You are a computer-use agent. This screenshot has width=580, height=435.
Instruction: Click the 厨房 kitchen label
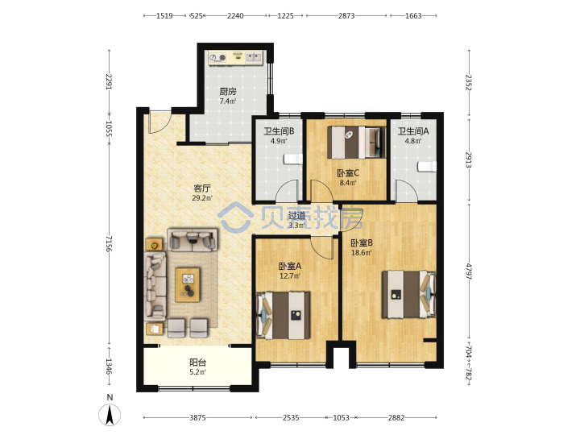[228, 91]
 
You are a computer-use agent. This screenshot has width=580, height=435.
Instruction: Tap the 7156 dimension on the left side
[109, 243]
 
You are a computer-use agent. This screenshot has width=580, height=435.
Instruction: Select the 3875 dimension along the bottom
[197, 417]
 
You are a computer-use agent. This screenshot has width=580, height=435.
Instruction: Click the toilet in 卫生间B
[292, 159]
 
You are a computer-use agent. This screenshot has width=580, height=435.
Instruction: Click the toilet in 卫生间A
[427, 167]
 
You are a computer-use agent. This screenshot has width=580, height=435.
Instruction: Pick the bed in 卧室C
[357, 143]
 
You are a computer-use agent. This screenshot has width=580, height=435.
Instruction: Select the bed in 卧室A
[284, 316]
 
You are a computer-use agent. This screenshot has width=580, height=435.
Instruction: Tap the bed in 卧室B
[408, 295]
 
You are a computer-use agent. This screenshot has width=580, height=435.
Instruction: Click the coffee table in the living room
[188, 285]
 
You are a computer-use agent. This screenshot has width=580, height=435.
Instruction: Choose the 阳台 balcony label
[198, 362]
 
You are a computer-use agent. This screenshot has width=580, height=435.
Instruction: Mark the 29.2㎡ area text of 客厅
[202, 198]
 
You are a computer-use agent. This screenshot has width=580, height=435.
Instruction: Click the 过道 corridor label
[296, 215]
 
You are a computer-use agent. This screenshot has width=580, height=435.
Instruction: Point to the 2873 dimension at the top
[346, 15]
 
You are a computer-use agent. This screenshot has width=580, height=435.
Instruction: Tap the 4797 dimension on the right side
[468, 271]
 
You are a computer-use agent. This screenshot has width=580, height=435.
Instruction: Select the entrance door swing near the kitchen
[159, 122]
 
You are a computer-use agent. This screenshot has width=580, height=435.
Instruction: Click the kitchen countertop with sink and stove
[235, 58]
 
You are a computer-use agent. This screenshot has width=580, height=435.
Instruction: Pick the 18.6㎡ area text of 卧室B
[361, 253]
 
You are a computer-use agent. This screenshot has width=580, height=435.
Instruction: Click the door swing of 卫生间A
[407, 190]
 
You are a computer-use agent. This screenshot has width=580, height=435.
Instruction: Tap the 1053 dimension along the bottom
[341, 417]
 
